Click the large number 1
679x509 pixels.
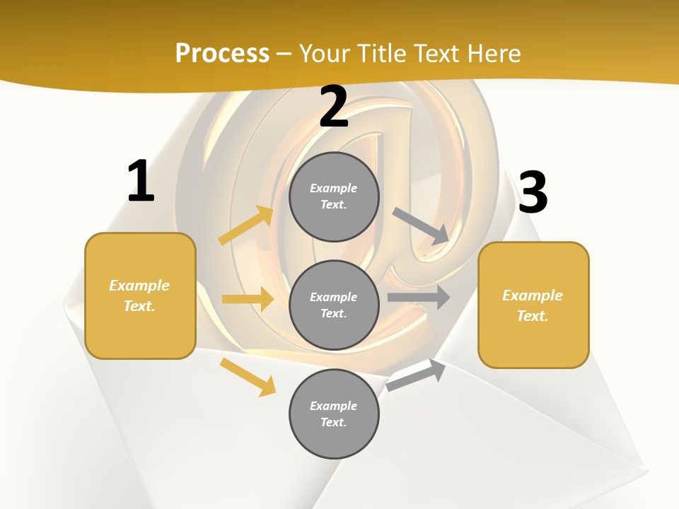coord(141,182)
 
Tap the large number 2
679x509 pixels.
coord(334,107)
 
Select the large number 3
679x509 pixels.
coord(533,192)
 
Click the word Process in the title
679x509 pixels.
coord(222,53)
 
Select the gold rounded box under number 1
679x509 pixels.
coord(140,296)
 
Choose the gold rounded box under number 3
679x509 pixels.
coord(533,305)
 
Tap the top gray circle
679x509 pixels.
coord(334,197)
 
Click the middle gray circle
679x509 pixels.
coord(334,305)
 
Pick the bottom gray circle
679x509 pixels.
coord(334,414)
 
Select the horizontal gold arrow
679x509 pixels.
coord(248,299)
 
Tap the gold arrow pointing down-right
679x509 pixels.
coord(248,377)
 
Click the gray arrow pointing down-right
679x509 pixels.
coord(421,226)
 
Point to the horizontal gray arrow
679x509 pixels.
coord(418,298)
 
